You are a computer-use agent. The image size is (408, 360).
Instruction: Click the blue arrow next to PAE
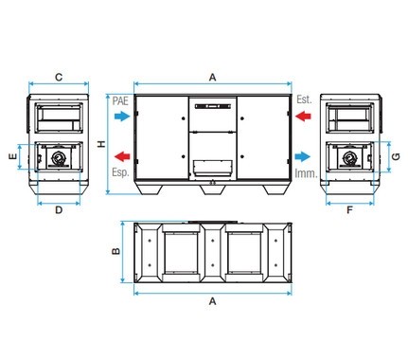[122, 117]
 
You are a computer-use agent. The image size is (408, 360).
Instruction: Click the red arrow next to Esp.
[122, 156]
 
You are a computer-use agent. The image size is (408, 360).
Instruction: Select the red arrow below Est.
[303, 117]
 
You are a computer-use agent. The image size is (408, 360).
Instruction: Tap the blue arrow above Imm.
[303, 156]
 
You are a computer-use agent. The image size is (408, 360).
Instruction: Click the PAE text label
[120, 101]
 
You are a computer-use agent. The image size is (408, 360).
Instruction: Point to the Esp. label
[120, 172]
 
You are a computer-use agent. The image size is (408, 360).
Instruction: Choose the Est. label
[304, 99]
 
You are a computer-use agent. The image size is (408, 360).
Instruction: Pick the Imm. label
[306, 173]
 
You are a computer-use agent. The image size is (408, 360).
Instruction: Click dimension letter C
[59, 77]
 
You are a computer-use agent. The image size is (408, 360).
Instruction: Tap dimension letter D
[59, 210]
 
